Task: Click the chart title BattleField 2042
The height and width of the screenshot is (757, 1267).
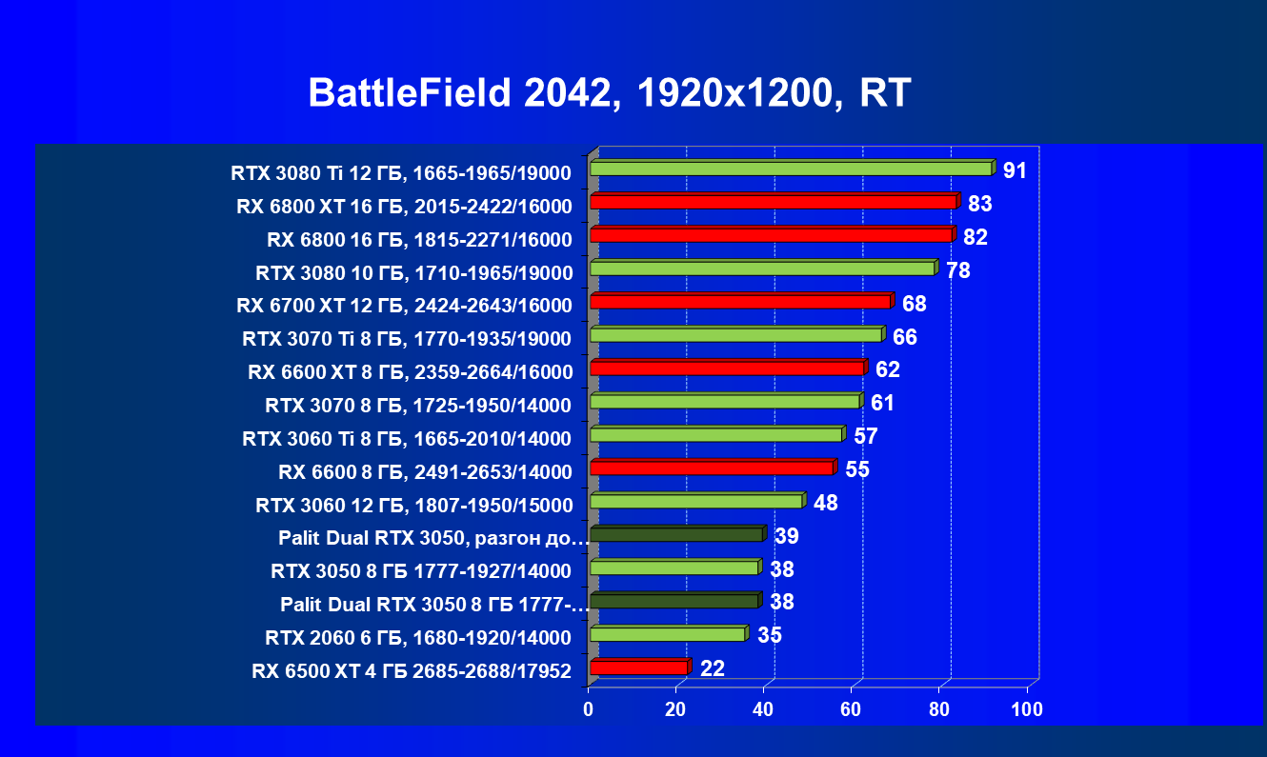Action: click(610, 93)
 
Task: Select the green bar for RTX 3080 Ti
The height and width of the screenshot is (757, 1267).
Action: click(791, 169)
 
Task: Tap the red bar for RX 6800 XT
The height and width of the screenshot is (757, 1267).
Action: click(773, 202)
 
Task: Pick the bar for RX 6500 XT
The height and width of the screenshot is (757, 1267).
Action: click(638, 667)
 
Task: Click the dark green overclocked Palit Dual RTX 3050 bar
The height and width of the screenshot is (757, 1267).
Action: click(676, 535)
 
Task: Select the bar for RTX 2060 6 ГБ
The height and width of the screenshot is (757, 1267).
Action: click(667, 634)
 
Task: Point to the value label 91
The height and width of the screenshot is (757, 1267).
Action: click(1015, 170)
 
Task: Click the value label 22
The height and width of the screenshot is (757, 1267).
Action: click(713, 668)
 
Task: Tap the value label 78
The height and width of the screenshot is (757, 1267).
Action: click(957, 270)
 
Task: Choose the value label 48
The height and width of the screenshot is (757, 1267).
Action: click(826, 503)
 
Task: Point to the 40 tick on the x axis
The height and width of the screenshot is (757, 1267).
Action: click(763, 709)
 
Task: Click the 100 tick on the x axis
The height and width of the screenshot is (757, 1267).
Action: click(1027, 709)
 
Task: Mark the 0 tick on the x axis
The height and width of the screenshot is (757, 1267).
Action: click(589, 709)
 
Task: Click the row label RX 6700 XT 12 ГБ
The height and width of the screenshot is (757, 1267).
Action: click(404, 306)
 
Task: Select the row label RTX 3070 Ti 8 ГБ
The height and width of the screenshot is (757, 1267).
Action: click(407, 339)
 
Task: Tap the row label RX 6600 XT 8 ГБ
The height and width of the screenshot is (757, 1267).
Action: click(410, 372)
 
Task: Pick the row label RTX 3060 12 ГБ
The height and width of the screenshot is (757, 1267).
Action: click(413, 505)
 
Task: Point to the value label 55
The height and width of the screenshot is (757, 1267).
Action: click(857, 469)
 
